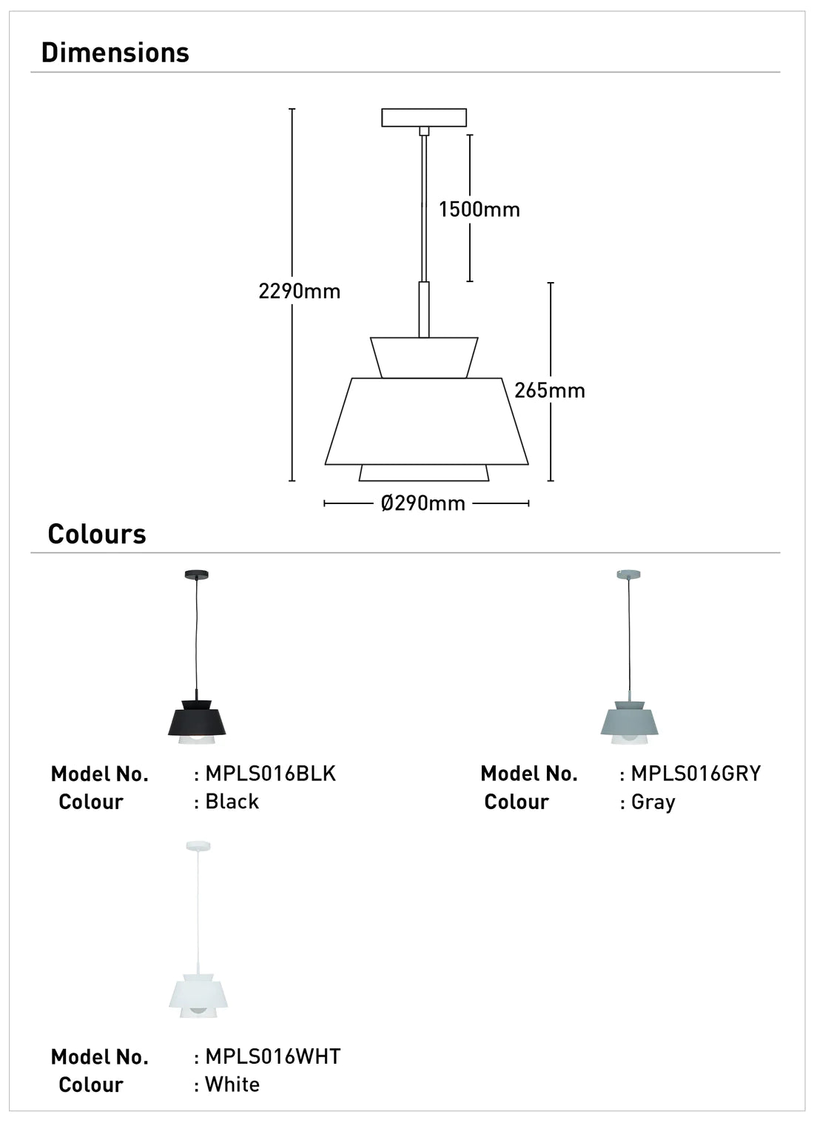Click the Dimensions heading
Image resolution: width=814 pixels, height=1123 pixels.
(115, 53)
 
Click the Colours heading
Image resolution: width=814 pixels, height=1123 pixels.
(97, 534)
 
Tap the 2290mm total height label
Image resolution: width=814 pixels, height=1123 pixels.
(299, 291)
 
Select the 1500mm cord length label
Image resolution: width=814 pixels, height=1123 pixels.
(479, 209)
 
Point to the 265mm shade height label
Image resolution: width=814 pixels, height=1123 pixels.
(549, 390)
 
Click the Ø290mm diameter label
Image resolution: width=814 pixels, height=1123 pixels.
(423, 503)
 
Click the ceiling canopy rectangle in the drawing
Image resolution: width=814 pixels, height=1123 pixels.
(424, 118)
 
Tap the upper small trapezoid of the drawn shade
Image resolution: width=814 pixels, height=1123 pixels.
(424, 358)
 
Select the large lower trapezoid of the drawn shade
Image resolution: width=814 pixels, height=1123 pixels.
(426, 421)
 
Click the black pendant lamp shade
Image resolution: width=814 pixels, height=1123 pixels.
(197, 717)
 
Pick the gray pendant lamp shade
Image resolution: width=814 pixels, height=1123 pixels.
(629, 720)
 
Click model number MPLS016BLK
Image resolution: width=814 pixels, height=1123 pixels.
(270, 774)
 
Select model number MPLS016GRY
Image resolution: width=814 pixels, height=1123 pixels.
(696, 774)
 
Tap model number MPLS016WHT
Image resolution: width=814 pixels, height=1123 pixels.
(272, 1056)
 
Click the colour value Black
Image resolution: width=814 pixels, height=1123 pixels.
(232, 802)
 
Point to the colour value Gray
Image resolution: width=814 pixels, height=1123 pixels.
(653, 802)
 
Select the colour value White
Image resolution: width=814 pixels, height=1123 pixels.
(232, 1085)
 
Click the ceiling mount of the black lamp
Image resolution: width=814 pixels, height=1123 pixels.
(196, 574)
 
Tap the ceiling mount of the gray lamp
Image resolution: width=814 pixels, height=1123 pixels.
(628, 574)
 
